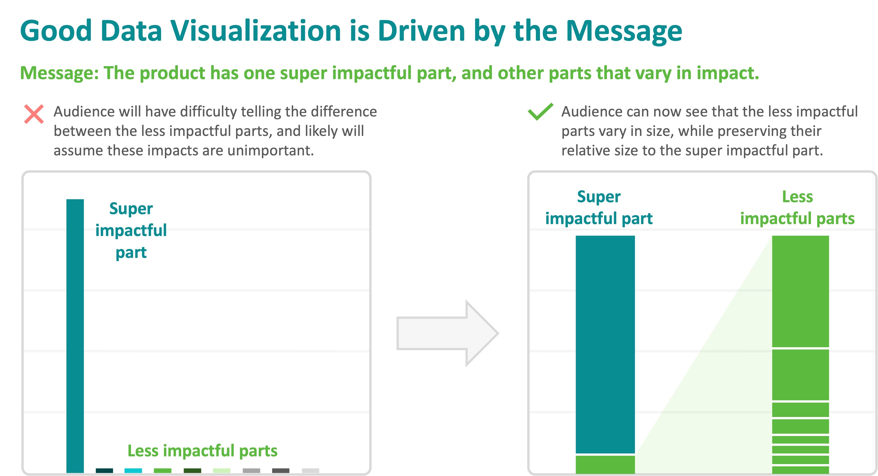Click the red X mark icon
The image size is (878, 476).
[34, 114]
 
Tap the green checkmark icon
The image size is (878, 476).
[540, 112]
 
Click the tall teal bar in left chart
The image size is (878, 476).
[75, 336]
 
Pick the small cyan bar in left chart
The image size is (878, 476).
[133, 470]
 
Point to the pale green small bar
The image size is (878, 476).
[222, 470]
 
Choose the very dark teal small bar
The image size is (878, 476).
[104, 470]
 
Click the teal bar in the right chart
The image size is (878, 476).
[605, 345]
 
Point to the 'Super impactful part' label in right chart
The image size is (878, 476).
[599, 208]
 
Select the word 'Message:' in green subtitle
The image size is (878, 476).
[59, 73]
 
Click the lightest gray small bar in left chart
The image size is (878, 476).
[310, 470]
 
